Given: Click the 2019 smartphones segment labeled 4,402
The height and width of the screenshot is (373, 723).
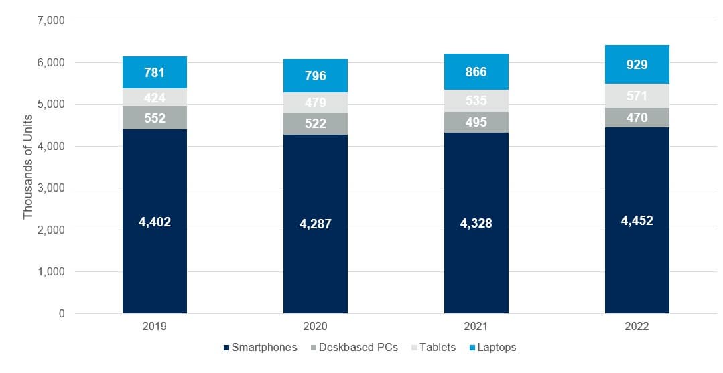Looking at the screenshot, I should click(155, 222).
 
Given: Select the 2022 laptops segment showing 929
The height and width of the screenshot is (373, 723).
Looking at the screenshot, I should click(637, 64).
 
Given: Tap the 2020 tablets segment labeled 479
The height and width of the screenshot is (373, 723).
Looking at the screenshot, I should click(315, 102).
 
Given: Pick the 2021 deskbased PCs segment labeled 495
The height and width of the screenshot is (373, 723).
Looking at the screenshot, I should click(476, 122).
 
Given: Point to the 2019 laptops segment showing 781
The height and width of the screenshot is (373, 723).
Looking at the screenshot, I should click(155, 72).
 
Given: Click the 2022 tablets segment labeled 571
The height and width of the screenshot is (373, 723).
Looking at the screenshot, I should click(637, 96).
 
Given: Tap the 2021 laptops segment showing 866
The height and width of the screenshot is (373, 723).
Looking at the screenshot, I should click(476, 72).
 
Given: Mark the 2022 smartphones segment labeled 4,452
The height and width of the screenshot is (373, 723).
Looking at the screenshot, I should click(637, 220).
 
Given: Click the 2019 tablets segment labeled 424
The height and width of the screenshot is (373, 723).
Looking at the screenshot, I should click(155, 98).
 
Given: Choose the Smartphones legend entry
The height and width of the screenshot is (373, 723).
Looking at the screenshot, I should click(260, 348).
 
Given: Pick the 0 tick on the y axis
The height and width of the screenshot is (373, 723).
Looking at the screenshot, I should click(61, 313).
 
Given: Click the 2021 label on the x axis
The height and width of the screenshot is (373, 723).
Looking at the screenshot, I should click(476, 327).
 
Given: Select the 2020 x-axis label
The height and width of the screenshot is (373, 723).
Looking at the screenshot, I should click(315, 327).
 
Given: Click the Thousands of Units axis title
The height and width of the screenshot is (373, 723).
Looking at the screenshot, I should click(28, 167).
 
